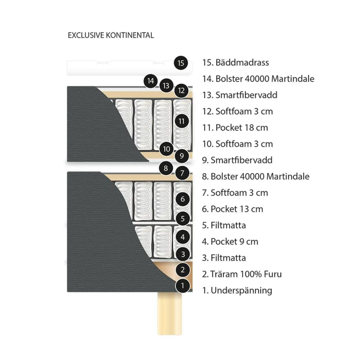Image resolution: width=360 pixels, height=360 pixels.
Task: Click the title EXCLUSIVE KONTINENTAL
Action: coord(111,35)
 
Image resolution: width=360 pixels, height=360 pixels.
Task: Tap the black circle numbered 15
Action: coord(181,63)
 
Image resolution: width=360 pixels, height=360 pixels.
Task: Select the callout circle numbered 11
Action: coord(181,121)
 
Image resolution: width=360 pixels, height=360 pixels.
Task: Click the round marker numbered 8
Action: coord(166,168)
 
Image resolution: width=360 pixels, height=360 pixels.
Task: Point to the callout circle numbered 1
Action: coord(183,285)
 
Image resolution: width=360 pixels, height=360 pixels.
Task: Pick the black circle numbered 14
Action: coord(150,81)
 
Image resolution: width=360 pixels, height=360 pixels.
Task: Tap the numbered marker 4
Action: coord(183,237)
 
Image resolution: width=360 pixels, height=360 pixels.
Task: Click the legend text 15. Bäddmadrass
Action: coord(235,62)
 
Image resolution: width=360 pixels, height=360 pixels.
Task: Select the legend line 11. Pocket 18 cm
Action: coord(235,128)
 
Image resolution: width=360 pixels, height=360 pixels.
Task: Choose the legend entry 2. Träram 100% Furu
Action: coord(242,274)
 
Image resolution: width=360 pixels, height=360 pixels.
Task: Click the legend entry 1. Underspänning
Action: coord(237,291)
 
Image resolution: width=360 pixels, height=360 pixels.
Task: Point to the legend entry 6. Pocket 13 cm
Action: coord(233,209)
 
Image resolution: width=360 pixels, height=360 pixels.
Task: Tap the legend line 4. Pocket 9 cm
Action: coord(230,242)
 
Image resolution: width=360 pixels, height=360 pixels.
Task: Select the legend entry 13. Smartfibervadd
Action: coord(240,95)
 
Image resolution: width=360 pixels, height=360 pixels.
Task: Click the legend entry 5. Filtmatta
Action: coord(224,225)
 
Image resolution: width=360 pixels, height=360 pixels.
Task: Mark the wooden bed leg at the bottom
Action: coord(170,314)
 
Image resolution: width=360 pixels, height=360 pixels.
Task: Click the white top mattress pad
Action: coord(130,68)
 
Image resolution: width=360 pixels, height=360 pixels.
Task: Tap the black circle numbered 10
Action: coord(166,149)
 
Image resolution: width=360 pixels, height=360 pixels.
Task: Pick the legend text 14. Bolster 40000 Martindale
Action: coord(258,79)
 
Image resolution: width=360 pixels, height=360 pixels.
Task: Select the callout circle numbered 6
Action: coord(183,199)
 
